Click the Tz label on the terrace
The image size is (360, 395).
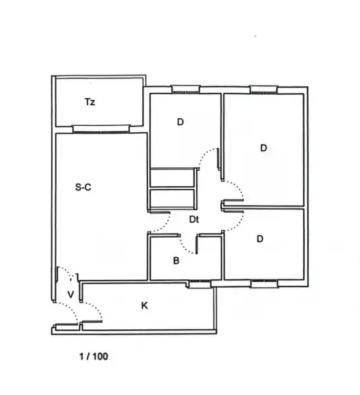[90, 102]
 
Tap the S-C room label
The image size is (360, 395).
[83, 187]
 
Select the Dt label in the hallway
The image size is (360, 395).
[193, 219]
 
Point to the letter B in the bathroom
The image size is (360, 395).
[176, 261]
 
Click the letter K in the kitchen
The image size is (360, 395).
[144, 305]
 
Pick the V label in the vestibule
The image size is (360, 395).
[71, 294]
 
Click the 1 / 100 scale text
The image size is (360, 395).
[93, 356]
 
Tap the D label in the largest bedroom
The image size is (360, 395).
[263, 148]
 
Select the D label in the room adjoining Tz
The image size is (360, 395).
[180, 122]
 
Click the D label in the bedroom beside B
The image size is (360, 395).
[260, 238]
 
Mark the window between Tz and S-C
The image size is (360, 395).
[101, 129]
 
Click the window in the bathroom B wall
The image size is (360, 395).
[199, 284]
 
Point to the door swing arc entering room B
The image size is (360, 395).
[185, 248]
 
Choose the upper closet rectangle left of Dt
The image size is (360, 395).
[172, 178]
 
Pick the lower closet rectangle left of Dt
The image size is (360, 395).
[172, 199]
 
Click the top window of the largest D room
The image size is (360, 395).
[264, 90]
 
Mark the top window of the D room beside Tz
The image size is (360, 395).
[186, 89]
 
